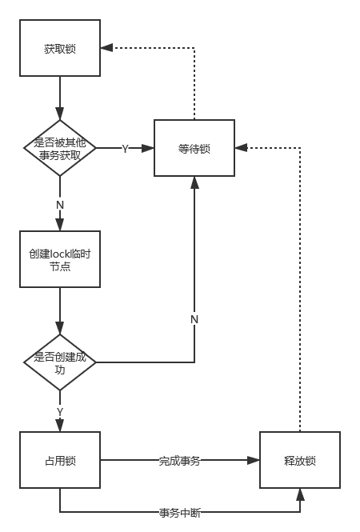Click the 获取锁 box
pyautogui.click(x=60, y=48)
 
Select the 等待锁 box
pyautogui.click(x=194, y=148)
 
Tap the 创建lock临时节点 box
pyautogui.click(x=60, y=259)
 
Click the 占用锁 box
pyautogui.click(x=60, y=460)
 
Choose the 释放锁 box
pyautogui.click(x=300, y=460)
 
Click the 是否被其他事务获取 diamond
pyautogui.click(x=60, y=148)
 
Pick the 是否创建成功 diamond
pyautogui.click(x=60, y=362)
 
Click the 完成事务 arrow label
pyautogui.click(x=179, y=461)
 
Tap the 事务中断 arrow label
pyautogui.click(x=179, y=512)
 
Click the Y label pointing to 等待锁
pyautogui.click(x=126, y=149)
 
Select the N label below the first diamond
pyautogui.click(x=60, y=205)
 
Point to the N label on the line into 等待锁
pyautogui.click(x=194, y=319)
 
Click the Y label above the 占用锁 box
pyautogui.click(x=60, y=412)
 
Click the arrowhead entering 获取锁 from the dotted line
pyautogui.click(x=106, y=48)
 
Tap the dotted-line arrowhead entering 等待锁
pyautogui.click(x=241, y=148)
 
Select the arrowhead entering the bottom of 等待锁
pyautogui.click(x=194, y=182)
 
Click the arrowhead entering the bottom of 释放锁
pyautogui.click(x=300, y=494)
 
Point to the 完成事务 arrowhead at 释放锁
pyautogui.click(x=254, y=460)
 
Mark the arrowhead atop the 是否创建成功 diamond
pyautogui.click(x=60, y=328)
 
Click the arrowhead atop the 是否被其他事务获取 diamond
pyautogui.click(x=60, y=114)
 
